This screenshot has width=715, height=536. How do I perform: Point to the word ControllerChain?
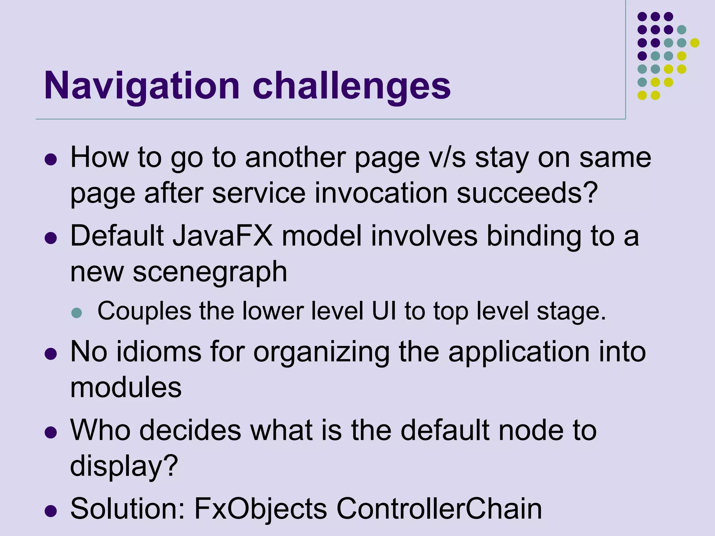(439, 508)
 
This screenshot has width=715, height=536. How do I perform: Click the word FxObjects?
(260, 508)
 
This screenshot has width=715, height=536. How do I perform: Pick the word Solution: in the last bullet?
(128, 508)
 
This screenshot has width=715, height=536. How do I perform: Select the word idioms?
(159, 351)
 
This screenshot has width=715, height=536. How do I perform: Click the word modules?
(126, 387)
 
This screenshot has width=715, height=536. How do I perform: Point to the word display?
(124, 466)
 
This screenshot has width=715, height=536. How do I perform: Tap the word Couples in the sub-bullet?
(144, 311)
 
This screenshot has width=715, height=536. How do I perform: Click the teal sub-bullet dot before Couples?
(76, 312)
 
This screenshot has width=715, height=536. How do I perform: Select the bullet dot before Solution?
(51, 511)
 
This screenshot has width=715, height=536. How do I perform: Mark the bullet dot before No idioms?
(51, 354)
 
